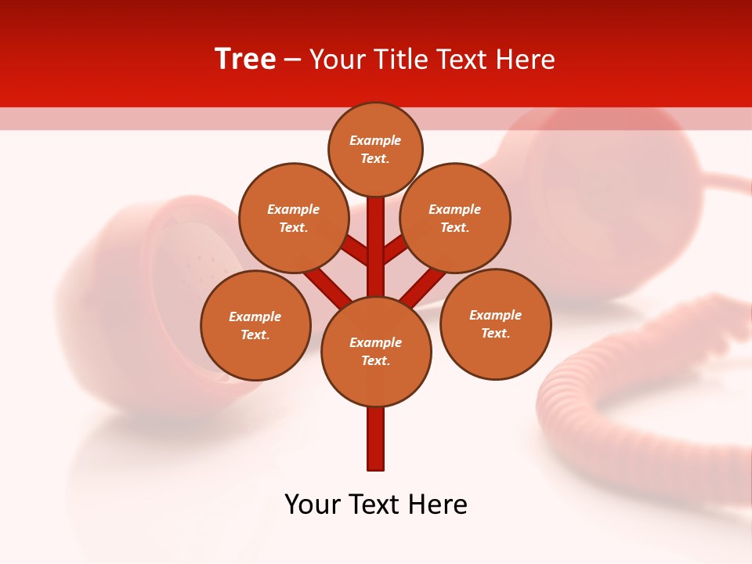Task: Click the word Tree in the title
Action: pyautogui.click(x=245, y=60)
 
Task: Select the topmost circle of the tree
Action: pyautogui.click(x=375, y=149)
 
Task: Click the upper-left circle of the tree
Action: pyautogui.click(x=293, y=218)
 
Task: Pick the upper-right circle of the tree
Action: pyautogui.click(x=455, y=218)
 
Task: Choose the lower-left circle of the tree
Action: pyautogui.click(x=255, y=325)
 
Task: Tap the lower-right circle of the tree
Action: pyautogui.click(x=495, y=324)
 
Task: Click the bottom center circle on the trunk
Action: pyautogui.click(x=376, y=351)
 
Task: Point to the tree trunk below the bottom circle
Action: pyautogui.click(x=376, y=439)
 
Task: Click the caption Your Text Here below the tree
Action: pyautogui.click(x=376, y=504)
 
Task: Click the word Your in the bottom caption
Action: pyautogui.click(x=313, y=504)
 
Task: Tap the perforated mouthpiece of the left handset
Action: pyautogui.click(x=196, y=266)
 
